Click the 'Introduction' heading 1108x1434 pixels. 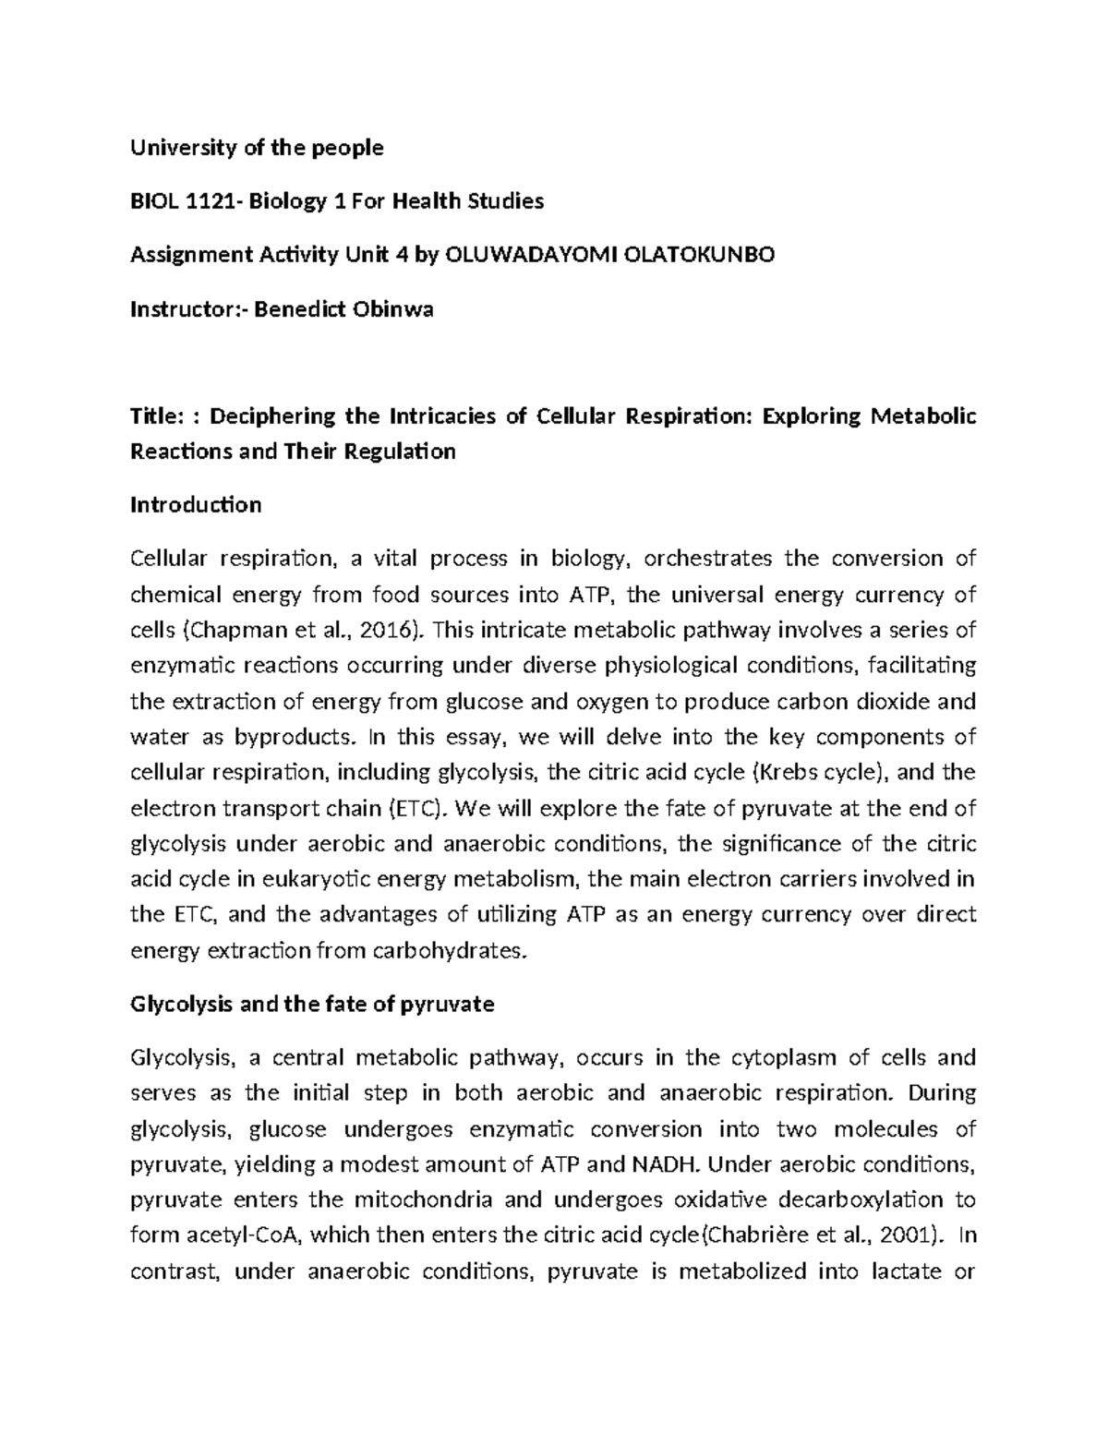coord(196,505)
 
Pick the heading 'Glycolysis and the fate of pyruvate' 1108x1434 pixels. coord(312,1005)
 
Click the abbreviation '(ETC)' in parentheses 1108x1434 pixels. coord(419,810)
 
